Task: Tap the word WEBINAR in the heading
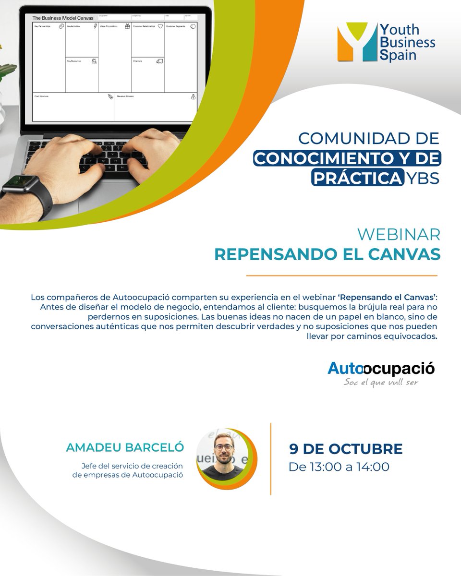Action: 400,235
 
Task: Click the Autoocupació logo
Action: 381,369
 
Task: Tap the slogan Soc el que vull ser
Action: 381,383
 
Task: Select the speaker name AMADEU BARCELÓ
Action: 125,447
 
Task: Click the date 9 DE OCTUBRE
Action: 346,449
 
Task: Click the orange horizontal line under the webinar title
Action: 341,276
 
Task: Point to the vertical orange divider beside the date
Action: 271,458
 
